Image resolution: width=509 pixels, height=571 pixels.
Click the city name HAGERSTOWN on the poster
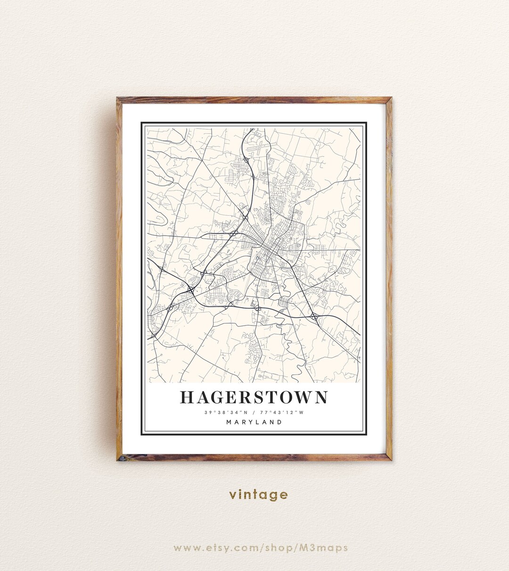pos(254,397)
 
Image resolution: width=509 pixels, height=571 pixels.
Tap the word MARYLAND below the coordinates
pos(254,422)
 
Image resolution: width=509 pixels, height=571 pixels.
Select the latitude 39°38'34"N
pos(223,413)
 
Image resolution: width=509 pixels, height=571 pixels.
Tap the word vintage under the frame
pos(258,495)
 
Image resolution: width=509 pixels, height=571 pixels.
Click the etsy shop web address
pos(261,548)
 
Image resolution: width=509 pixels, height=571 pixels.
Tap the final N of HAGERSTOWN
pos(320,397)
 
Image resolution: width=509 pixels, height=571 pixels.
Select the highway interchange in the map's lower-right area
pos(314,317)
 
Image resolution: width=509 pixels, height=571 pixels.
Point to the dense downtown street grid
pos(268,246)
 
